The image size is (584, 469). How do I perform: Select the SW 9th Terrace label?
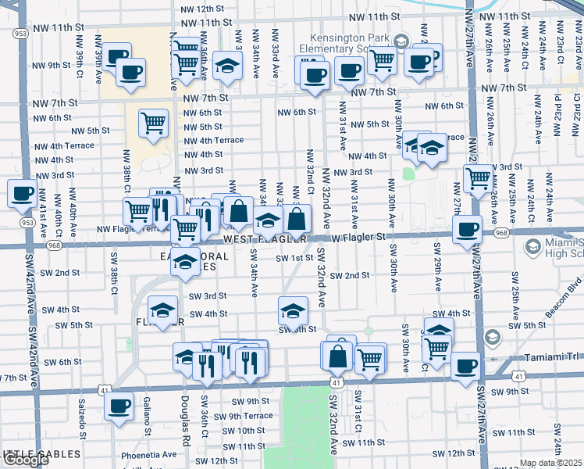point(246,416)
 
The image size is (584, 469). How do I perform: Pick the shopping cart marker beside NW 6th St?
point(153,121)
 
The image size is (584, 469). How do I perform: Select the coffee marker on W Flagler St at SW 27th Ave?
point(468,230)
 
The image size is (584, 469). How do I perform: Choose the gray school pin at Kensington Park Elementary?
point(401,41)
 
